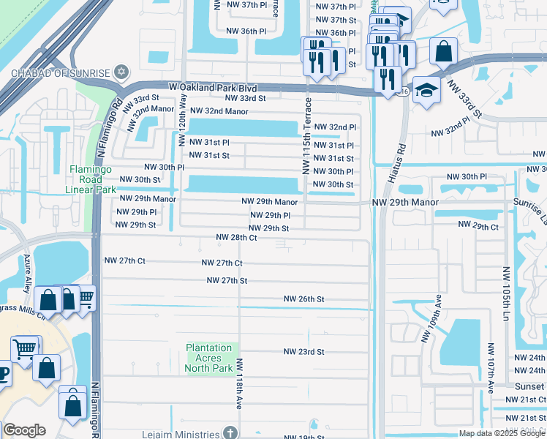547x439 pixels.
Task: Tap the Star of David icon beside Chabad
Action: [x=121, y=72]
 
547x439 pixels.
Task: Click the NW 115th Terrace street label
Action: [x=306, y=137]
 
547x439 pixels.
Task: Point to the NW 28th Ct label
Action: [x=236, y=238]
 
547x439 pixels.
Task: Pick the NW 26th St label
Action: [x=303, y=299]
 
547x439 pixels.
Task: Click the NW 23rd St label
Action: [x=303, y=352]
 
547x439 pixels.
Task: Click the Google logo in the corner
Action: [x=24, y=430]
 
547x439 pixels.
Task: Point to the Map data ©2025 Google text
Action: [x=501, y=433]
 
